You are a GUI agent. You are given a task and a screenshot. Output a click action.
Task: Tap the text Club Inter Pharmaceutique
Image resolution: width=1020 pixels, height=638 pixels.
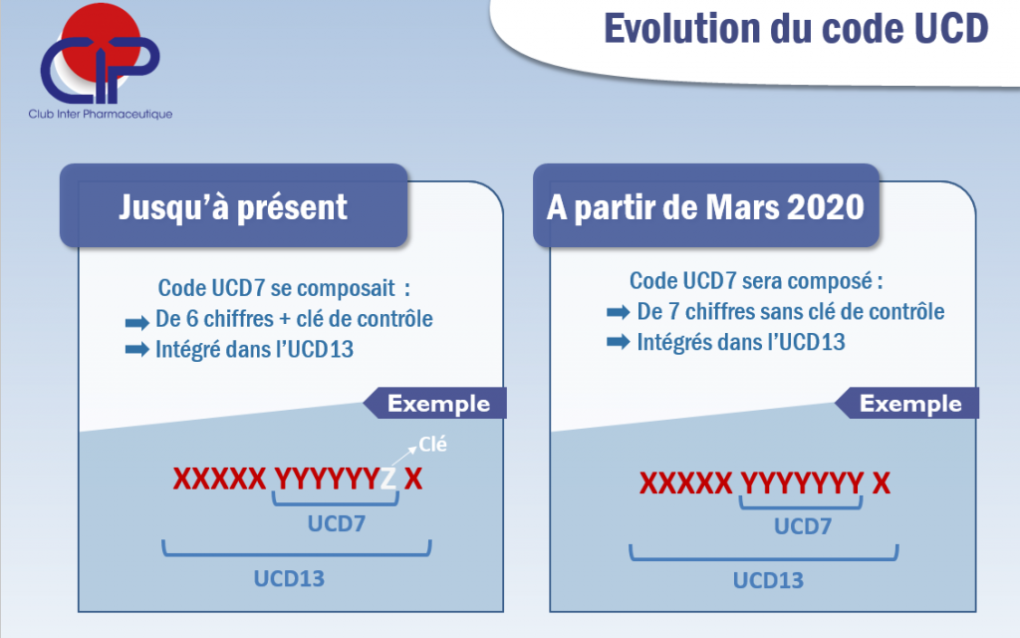[x=101, y=114]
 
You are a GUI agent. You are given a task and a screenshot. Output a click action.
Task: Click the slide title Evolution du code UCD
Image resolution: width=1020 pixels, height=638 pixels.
[x=796, y=29]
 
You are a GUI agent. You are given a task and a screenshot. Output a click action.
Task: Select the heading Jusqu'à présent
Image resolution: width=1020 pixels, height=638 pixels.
[x=233, y=207]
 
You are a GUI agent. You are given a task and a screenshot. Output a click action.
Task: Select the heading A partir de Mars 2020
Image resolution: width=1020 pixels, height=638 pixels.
[x=706, y=207]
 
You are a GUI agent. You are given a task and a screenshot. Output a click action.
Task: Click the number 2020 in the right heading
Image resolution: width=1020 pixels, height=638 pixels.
[x=826, y=207]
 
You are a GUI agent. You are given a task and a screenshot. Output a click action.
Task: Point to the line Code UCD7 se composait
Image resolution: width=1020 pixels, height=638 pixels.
[x=284, y=288]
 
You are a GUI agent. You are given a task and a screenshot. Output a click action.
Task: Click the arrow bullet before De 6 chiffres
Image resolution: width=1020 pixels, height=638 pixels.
[x=137, y=322]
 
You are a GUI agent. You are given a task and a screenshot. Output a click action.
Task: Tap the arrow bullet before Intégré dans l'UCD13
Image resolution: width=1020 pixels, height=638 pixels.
[x=137, y=350]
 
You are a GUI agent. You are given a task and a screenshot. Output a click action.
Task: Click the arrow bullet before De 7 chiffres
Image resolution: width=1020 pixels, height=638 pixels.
[x=618, y=312]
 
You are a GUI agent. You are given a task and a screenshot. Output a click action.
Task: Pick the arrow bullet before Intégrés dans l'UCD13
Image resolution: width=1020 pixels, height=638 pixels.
[x=618, y=341]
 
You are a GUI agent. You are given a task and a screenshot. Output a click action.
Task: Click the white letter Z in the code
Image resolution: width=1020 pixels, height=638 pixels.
[x=387, y=479]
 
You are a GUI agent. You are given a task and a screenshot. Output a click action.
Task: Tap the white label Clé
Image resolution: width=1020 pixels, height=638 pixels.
[x=432, y=444]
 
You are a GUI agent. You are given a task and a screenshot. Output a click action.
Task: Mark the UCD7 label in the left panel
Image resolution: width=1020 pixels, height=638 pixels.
[x=337, y=523]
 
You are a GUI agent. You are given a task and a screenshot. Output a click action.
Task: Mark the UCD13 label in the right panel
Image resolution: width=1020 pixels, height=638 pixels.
[x=768, y=580]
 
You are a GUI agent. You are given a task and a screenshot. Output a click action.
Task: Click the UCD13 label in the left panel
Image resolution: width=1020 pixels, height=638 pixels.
[x=289, y=578]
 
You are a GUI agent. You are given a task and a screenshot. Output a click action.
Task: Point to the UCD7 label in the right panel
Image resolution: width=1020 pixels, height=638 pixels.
[x=803, y=526]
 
